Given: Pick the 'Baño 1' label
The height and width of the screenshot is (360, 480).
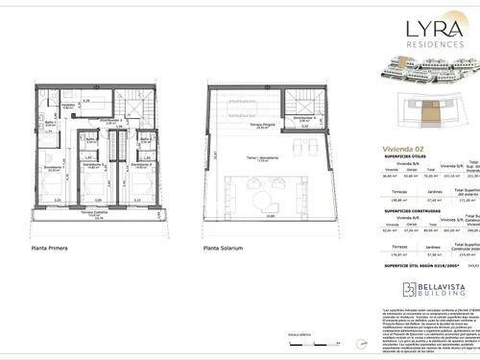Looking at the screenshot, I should pos(45,123).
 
